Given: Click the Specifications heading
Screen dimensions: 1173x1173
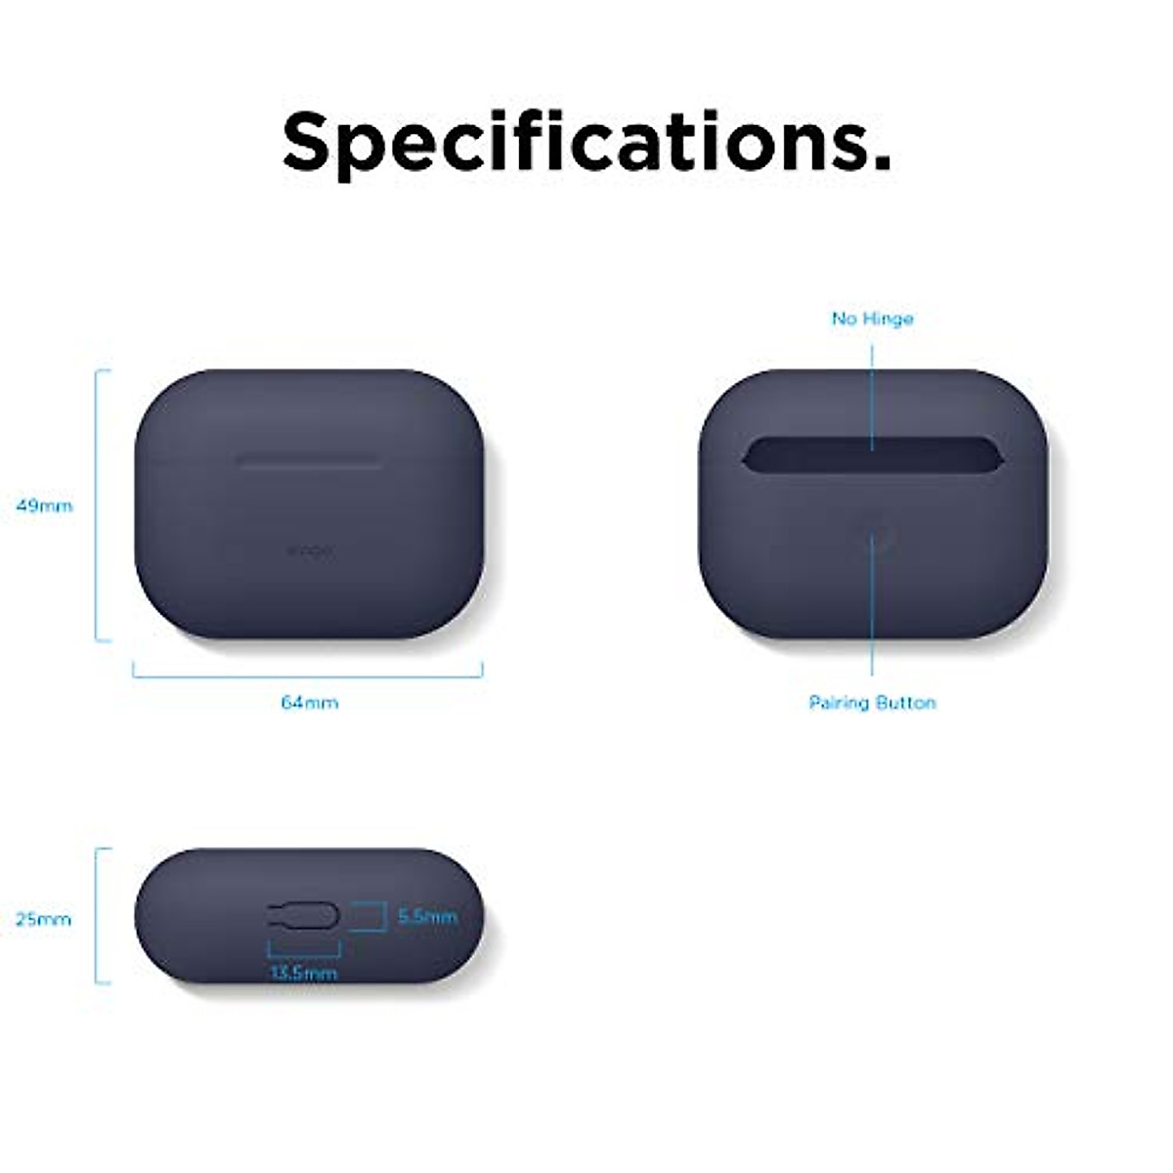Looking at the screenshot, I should [586, 142].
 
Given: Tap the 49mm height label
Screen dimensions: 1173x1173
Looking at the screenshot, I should [44, 506].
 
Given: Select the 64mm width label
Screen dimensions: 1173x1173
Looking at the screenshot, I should [309, 703].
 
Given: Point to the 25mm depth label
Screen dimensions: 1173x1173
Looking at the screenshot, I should [44, 920].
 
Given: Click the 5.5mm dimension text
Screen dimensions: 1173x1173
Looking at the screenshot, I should [427, 917].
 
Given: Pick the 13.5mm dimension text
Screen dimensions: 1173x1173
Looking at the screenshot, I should [303, 973].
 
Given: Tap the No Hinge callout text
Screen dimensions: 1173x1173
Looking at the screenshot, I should [872, 319].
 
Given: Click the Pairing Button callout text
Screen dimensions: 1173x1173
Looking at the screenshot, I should [872, 703].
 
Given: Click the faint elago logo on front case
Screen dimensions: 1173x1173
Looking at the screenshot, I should [309, 551].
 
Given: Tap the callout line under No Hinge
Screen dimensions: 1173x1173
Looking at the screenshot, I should [872, 391].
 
